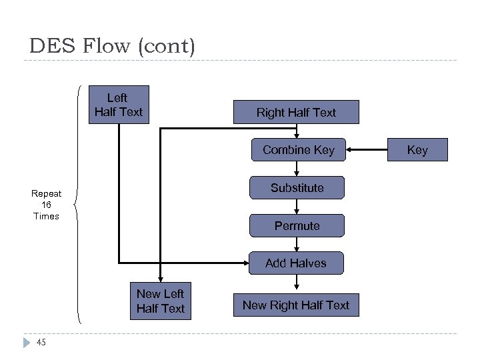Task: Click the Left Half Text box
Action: pyautogui.click(x=119, y=105)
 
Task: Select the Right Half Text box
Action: pyautogui.click(x=296, y=113)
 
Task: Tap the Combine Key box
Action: pyautogui.click(x=297, y=150)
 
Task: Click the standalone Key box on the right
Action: pyautogui.click(x=417, y=150)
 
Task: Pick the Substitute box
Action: pyautogui.click(x=297, y=188)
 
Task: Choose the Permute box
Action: pyautogui.click(x=297, y=225)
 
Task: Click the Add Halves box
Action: pyautogui.click(x=296, y=263)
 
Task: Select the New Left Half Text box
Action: pyautogui.click(x=160, y=301)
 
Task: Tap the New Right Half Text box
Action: pyautogui.click(x=296, y=305)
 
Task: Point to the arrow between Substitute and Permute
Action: pyautogui.click(x=297, y=207)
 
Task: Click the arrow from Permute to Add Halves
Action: pyautogui.click(x=297, y=244)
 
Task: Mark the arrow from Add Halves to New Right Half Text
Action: pyautogui.click(x=297, y=283)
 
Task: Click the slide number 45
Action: pyautogui.click(x=41, y=343)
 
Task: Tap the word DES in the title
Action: pyautogui.click(x=52, y=46)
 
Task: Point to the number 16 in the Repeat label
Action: pyautogui.click(x=46, y=205)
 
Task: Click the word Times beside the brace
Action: pyautogui.click(x=46, y=216)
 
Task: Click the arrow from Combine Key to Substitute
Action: pyautogui.click(x=297, y=169)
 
